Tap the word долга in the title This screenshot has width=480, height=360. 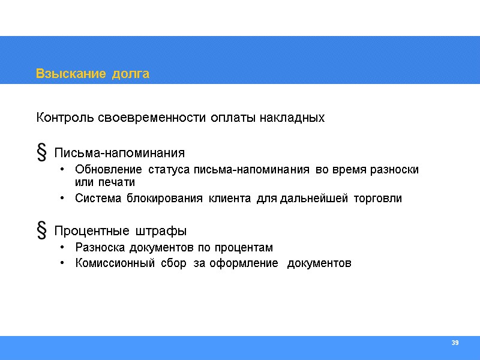pyautogui.click(x=129, y=74)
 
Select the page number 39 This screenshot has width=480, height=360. pyautogui.click(x=455, y=343)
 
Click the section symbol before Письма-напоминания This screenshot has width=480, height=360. pyautogui.click(x=42, y=153)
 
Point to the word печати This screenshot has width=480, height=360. pyautogui.click(x=119, y=182)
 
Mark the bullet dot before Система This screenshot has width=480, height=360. pyautogui.click(x=64, y=198)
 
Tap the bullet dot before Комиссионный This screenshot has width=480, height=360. pyautogui.click(x=64, y=263)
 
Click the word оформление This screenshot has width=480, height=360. pyautogui.click(x=244, y=263)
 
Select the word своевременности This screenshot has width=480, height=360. pyautogui.click(x=151, y=118)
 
